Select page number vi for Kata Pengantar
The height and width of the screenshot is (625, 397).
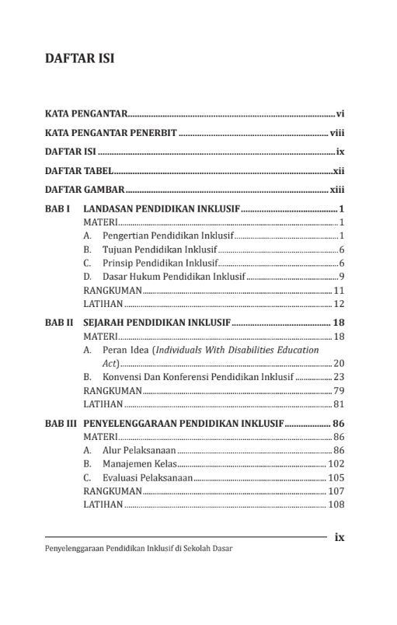[340, 113]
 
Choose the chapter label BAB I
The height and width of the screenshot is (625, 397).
[58, 209]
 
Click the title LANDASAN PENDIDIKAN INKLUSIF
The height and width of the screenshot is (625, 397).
[162, 209]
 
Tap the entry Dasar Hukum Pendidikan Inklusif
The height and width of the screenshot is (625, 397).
[174, 277]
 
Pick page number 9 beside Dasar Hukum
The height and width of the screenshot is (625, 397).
[342, 277]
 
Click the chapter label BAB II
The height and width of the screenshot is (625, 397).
[60, 323]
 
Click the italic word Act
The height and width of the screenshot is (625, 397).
[110, 363]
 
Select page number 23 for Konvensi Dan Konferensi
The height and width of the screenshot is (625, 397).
[339, 377]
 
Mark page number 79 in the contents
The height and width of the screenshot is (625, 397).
[339, 390]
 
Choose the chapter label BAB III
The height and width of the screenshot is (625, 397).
[61, 424]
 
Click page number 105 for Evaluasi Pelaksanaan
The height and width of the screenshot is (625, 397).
[336, 477]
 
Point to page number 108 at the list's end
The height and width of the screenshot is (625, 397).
[336, 504]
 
